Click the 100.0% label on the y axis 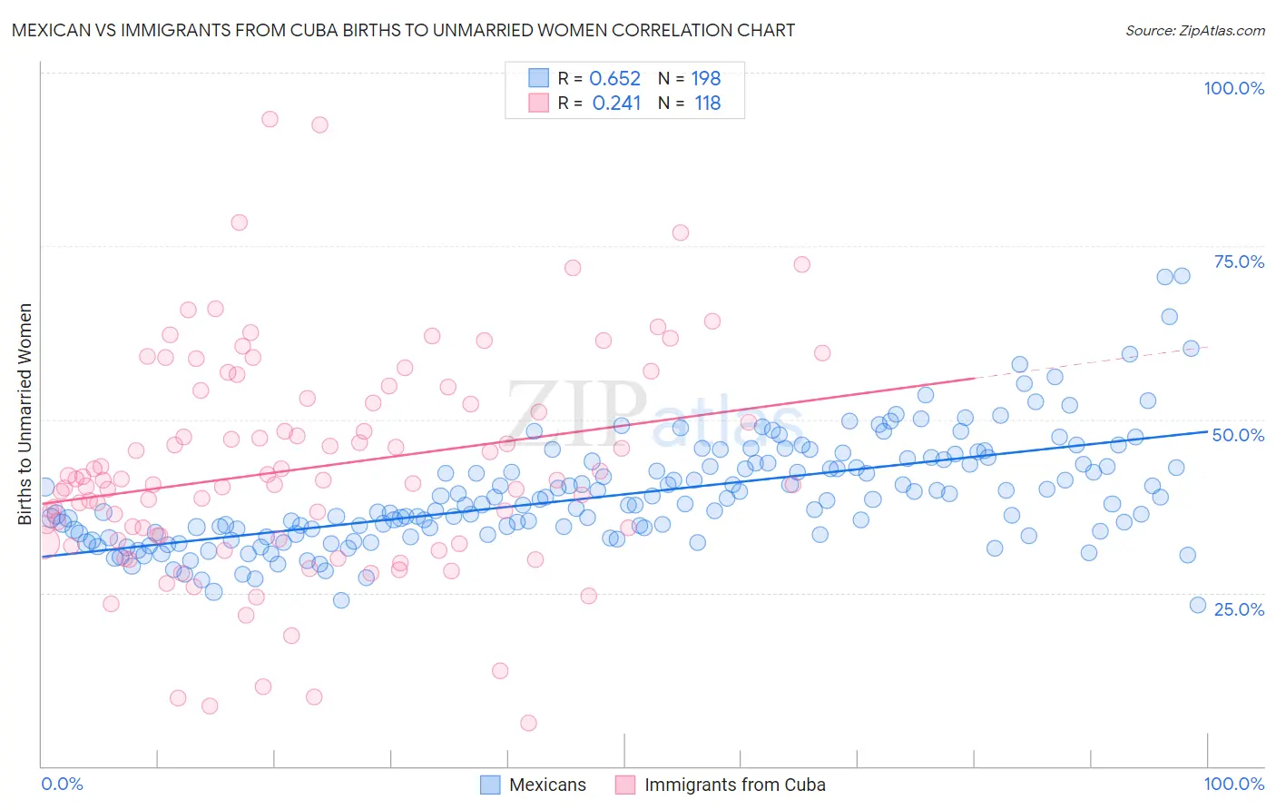[1233, 88]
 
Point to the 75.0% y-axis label [1239, 262]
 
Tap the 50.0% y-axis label [1238, 435]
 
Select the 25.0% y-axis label [1239, 608]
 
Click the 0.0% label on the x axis [62, 784]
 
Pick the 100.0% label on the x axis [1233, 784]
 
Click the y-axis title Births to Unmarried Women [25, 414]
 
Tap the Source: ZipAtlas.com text [1194, 30]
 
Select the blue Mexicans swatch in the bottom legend [490, 785]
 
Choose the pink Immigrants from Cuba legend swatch [625, 785]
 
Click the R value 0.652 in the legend [615, 79]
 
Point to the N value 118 [708, 104]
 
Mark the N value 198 [706, 79]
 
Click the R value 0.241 [616, 104]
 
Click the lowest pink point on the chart [528, 723]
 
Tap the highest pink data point [270, 119]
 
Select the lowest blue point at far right [1198, 605]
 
